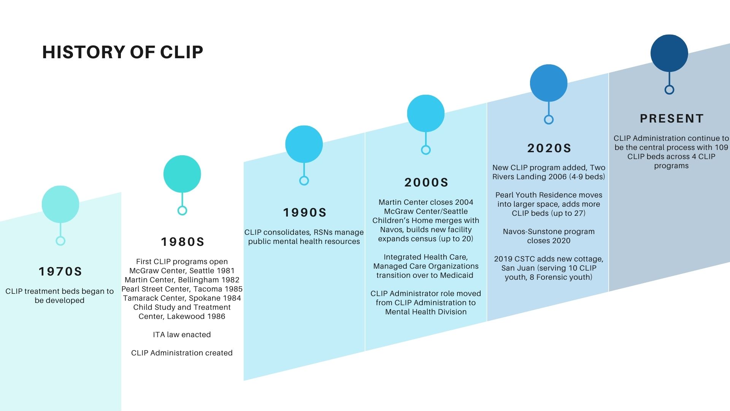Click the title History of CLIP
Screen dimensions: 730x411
(x=122, y=52)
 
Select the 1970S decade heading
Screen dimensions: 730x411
(x=60, y=271)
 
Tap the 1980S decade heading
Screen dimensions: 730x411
(x=182, y=242)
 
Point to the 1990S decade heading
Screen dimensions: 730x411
(x=305, y=212)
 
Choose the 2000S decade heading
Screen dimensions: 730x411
(x=426, y=182)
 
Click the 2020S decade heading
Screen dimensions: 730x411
(x=549, y=148)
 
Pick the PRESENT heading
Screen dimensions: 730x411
(x=671, y=118)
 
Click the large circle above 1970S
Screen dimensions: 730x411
(x=60, y=204)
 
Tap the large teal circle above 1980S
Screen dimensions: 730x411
(x=182, y=174)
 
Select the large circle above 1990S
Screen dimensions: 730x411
(x=304, y=144)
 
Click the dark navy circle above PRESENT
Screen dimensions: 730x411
(x=669, y=53)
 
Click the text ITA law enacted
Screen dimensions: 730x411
(x=182, y=335)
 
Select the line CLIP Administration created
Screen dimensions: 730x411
(x=182, y=353)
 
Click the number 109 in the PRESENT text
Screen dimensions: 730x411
(x=721, y=147)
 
